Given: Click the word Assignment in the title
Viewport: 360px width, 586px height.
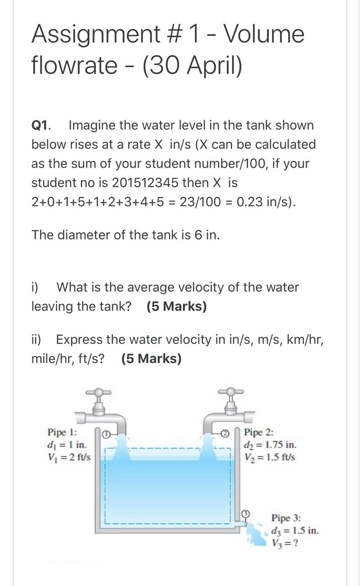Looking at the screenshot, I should (x=94, y=35).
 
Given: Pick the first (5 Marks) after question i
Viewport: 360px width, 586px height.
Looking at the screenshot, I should (x=177, y=306).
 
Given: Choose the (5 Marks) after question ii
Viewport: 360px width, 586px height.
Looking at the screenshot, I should (x=152, y=359).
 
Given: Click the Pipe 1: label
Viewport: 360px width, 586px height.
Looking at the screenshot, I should (x=62, y=432).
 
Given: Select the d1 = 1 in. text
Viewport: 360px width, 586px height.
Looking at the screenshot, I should (x=66, y=445).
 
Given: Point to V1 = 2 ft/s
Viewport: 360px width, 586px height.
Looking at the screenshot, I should (x=69, y=457).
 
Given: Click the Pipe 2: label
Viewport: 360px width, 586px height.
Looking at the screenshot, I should (x=259, y=432).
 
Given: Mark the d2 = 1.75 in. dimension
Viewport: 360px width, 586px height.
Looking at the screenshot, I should (x=270, y=445).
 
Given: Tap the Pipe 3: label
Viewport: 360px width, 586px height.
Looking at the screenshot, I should (x=286, y=518).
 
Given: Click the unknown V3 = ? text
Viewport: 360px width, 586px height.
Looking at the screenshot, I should (x=285, y=543).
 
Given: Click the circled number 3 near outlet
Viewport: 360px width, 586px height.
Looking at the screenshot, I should (x=245, y=514).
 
